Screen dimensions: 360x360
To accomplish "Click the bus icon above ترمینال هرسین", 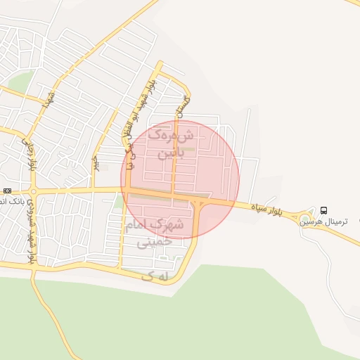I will coord(323,210).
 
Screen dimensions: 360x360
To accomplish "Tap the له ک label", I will coord(156,276).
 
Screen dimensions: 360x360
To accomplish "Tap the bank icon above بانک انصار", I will coord(7,191).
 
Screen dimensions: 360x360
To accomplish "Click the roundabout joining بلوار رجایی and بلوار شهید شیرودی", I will coord(33,191).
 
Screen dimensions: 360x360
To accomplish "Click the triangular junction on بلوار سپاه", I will coord(200,202).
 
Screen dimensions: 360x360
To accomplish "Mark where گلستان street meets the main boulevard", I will coord(174,191).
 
